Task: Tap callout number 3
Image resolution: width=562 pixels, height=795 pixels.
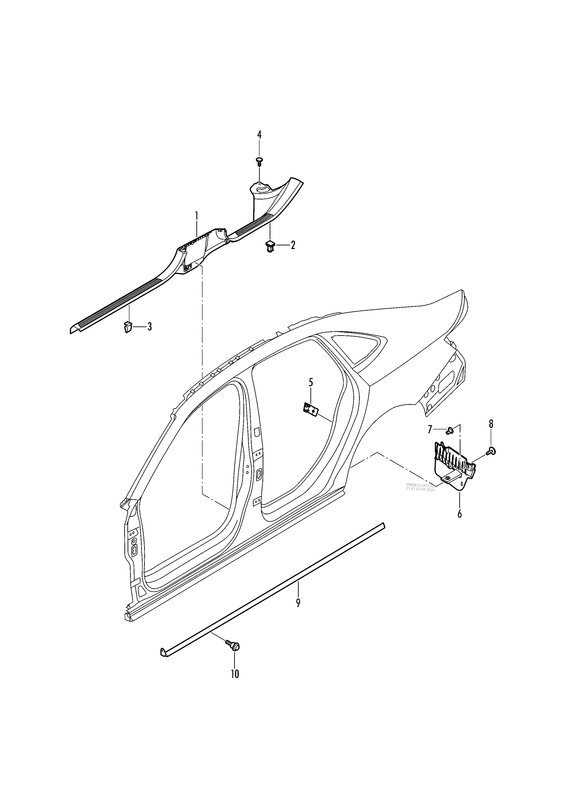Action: pyautogui.click(x=150, y=326)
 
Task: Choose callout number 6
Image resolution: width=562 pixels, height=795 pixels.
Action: pyautogui.click(x=460, y=514)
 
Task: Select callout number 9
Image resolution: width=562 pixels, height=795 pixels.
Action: pyautogui.click(x=298, y=603)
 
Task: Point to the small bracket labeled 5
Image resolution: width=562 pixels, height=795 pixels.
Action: pyautogui.click(x=310, y=409)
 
